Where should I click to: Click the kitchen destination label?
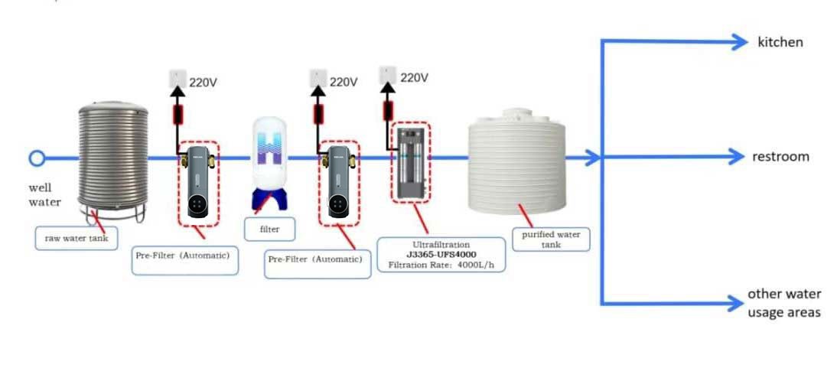pos(780,42)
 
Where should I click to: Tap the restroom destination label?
pos(780,157)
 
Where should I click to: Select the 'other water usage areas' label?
pos(784,303)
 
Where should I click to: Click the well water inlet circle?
pos(36,158)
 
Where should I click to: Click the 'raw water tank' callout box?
pos(77,238)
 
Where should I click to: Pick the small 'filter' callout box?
pos(269,229)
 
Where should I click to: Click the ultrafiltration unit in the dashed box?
pos(410,162)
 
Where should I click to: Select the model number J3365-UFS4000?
pos(441,255)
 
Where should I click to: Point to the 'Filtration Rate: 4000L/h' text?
pos(441,265)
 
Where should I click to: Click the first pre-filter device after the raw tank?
pos(197,182)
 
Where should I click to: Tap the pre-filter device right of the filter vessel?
pos(339,182)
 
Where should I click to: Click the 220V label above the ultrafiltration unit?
pos(414,78)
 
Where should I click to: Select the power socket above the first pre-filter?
pos(177,78)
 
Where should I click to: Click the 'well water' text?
pos(44,195)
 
